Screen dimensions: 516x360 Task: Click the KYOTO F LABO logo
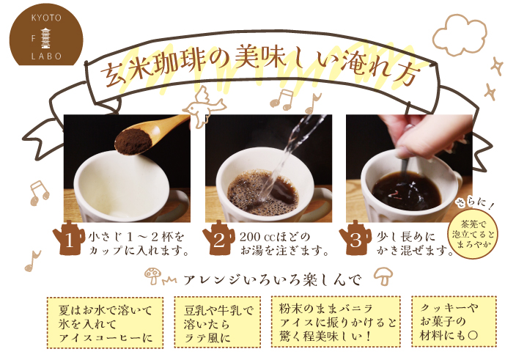tap(46, 35)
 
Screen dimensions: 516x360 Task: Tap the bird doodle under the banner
tap(204, 107)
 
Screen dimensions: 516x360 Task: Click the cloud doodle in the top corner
tap(460, 35)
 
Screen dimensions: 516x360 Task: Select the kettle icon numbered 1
tap(68, 238)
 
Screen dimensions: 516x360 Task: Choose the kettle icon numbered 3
tap(355, 238)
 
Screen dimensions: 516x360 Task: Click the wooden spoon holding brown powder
tap(150, 136)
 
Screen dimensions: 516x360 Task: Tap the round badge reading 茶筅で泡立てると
tap(473, 235)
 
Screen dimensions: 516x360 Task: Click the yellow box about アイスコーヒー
tap(105, 323)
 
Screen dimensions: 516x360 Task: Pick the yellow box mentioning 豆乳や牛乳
tap(217, 322)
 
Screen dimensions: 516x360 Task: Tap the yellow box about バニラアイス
tap(336, 321)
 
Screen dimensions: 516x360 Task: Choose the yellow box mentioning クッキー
tap(454, 321)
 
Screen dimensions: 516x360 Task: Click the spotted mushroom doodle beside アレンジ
tap(153, 276)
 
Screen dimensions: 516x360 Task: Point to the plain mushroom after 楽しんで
tap(383, 276)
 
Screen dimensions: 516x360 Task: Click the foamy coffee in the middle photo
tap(262, 193)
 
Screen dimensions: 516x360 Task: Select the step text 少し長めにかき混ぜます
tap(416, 244)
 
